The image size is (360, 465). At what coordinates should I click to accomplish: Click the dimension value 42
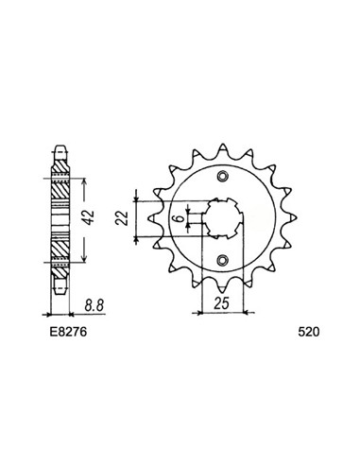[x=90, y=217]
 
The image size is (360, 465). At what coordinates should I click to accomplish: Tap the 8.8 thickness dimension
[x=94, y=306]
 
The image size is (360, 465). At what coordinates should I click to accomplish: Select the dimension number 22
[x=122, y=218]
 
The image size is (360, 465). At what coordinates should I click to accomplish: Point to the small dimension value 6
[x=179, y=218]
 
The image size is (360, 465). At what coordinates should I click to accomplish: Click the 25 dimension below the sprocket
[x=221, y=303]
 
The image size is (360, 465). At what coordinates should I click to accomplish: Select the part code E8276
[x=68, y=333]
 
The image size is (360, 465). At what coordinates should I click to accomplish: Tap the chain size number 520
[x=309, y=333]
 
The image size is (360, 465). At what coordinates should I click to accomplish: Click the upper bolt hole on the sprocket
[x=223, y=177]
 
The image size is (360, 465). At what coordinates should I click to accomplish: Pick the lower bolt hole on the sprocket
[x=223, y=260]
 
